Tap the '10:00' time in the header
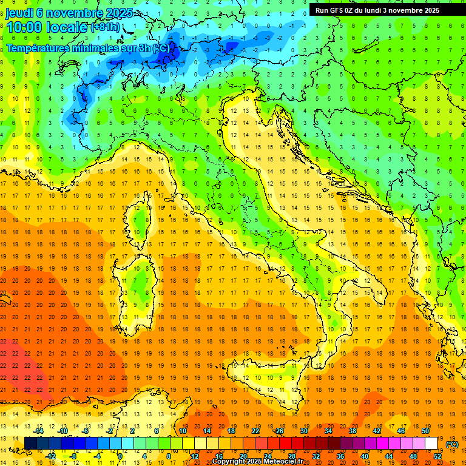[x=24, y=28]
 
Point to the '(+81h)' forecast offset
[x=105, y=28]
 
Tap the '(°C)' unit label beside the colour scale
[x=452, y=444]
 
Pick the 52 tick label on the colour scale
[x=437, y=456]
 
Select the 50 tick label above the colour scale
[x=425, y=431]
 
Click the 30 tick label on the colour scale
[x=303, y=431]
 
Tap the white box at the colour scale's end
[x=431, y=444]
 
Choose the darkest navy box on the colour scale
[x=30, y=444]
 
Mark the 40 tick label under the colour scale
[x=364, y=456]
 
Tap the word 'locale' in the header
[x=68, y=28]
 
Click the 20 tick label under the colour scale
[x=243, y=456]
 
